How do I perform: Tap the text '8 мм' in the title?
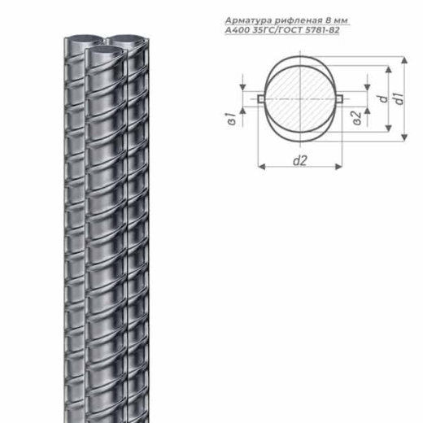pos(334,20)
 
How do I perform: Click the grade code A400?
pos(238,30)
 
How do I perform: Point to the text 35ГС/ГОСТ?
pos(277,30)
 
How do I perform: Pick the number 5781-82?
pos(322,30)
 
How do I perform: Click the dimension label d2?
pos(300,160)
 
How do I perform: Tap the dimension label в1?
pos(232,120)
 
